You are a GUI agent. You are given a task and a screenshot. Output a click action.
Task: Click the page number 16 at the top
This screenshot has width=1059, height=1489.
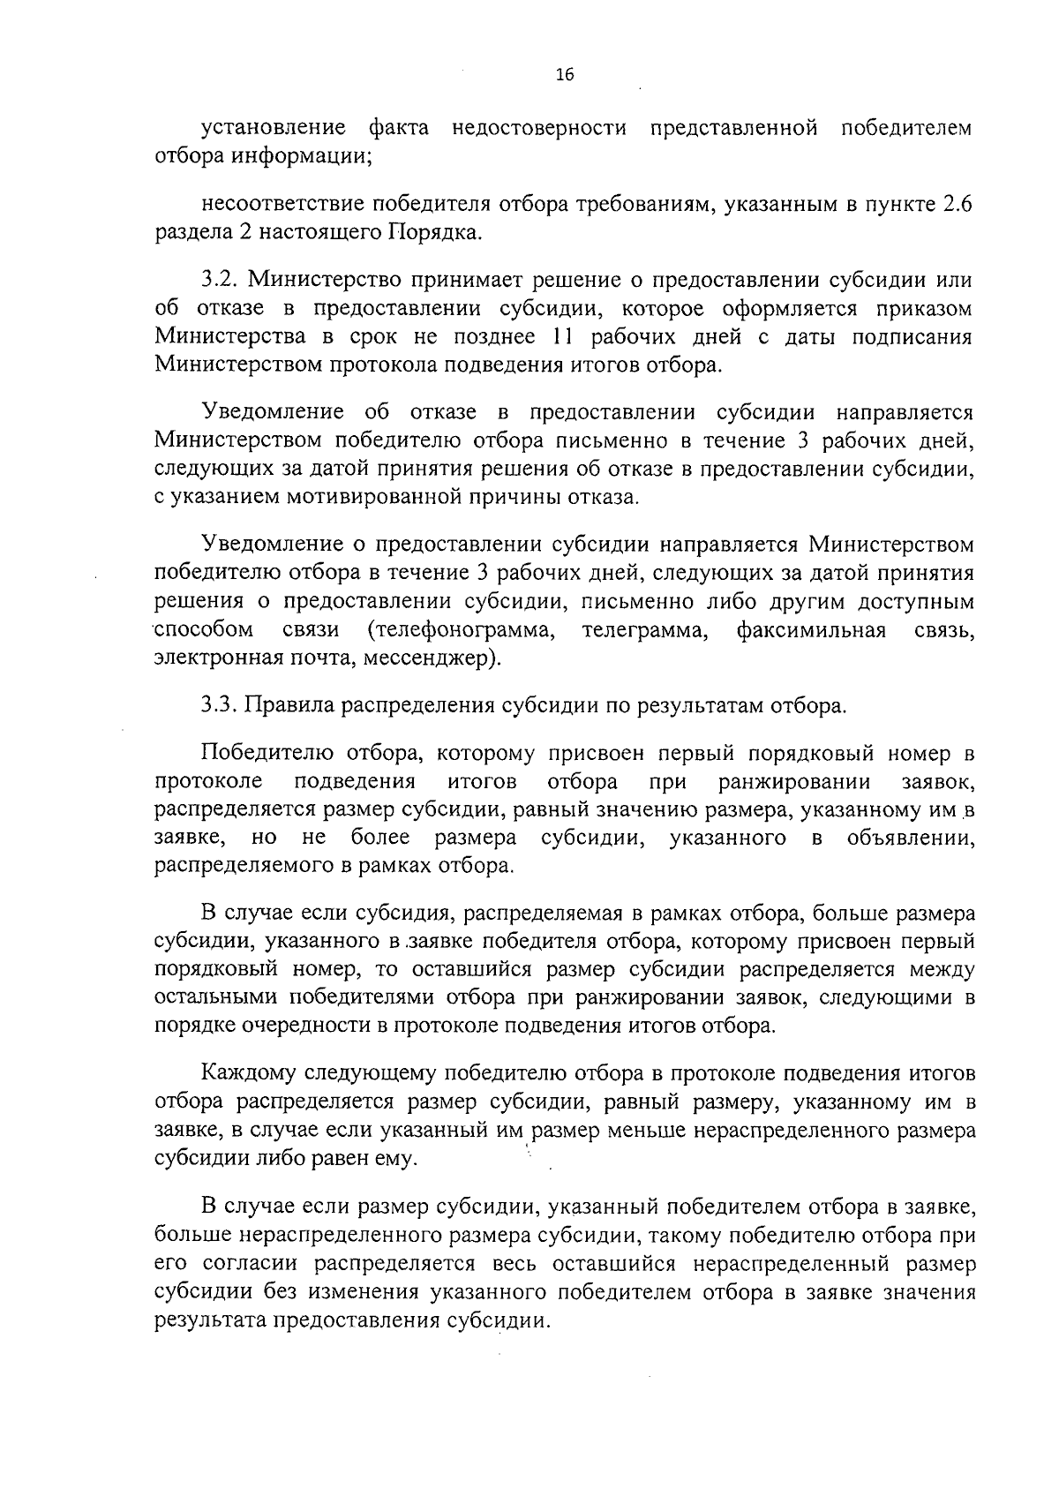point(565,76)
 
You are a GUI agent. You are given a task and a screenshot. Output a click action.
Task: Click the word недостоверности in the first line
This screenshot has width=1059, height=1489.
point(539,128)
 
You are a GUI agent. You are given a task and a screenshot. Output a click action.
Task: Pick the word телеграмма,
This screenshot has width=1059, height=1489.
point(648,630)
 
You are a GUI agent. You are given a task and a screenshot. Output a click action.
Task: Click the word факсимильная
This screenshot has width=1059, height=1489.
point(811,630)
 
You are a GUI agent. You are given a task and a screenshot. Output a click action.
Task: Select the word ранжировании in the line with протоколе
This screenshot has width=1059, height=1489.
point(794,782)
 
